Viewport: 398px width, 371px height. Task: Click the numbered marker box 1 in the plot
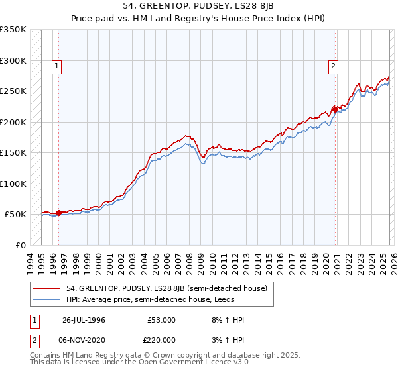coord(58,66)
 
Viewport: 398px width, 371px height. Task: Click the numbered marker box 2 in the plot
coord(332,66)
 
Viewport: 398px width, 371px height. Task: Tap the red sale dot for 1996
coord(59,213)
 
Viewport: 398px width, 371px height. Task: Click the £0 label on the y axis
coord(21,245)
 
